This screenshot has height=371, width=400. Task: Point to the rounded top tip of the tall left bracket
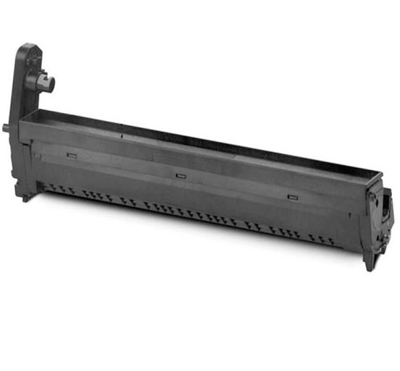(x=29, y=47)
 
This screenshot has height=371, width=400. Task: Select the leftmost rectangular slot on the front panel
(x=71, y=155)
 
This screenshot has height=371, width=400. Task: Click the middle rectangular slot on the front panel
(x=181, y=176)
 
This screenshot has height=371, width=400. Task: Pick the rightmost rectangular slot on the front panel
(x=292, y=197)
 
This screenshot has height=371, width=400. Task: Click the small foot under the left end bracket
(x=25, y=197)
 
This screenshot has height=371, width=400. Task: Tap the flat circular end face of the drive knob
(x=51, y=83)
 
